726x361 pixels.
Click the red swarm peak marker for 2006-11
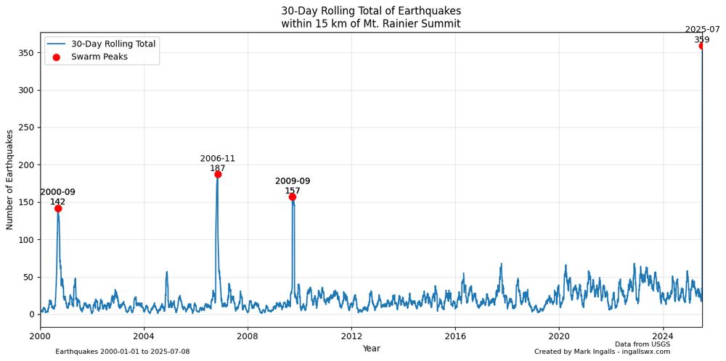pos(218,174)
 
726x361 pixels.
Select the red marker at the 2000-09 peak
pos(58,208)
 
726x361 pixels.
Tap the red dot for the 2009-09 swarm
pos(293,196)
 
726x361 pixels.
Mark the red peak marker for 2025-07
pos(701,46)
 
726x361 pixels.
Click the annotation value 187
pos(218,168)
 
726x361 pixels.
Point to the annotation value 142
pos(58,202)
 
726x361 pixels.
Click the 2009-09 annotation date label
pos(293,181)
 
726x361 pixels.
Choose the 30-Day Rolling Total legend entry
pos(113,43)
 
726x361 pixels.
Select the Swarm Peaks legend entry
pos(99,57)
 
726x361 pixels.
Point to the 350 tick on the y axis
pos(26,53)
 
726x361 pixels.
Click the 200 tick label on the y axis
pos(26,165)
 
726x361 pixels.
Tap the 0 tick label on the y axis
pos(31,314)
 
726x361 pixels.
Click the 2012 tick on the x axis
pos(351,336)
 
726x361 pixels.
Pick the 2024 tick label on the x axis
pos(663,336)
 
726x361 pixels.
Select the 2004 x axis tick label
pos(144,336)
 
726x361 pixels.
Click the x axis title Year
pos(371,349)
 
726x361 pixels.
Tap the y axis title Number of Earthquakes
pos(10,179)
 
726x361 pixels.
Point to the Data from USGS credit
pos(643,344)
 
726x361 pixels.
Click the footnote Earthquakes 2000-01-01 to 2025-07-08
pos(123,352)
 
